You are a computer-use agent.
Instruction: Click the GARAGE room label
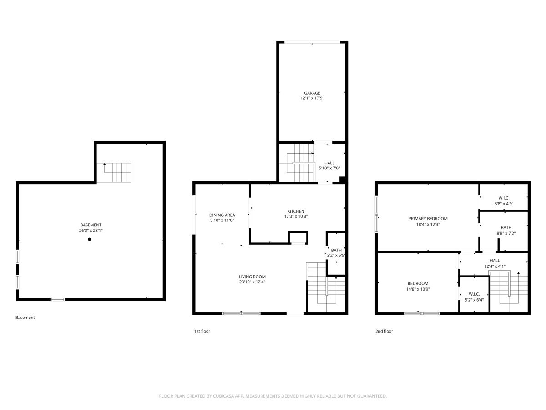312,93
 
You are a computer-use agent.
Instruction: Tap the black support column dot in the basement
90,239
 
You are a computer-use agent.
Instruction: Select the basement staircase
117,173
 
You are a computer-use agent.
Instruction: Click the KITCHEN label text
295,211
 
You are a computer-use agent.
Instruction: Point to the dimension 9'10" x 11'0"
222,220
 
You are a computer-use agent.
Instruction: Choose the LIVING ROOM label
252,277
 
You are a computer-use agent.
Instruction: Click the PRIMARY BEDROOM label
428,218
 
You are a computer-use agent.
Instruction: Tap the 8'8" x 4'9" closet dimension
504,204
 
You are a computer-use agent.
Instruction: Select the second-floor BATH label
506,227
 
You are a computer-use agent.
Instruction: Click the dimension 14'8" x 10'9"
417,289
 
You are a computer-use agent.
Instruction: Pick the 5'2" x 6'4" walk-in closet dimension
474,300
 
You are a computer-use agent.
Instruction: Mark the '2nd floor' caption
384,332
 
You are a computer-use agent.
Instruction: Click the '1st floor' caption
202,332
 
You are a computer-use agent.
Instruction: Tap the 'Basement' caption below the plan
25,318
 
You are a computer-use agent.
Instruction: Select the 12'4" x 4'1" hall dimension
495,266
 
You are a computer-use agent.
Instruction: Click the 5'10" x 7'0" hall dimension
329,169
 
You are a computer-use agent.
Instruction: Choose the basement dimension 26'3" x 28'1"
91,231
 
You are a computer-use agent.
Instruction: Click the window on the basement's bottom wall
57,299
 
